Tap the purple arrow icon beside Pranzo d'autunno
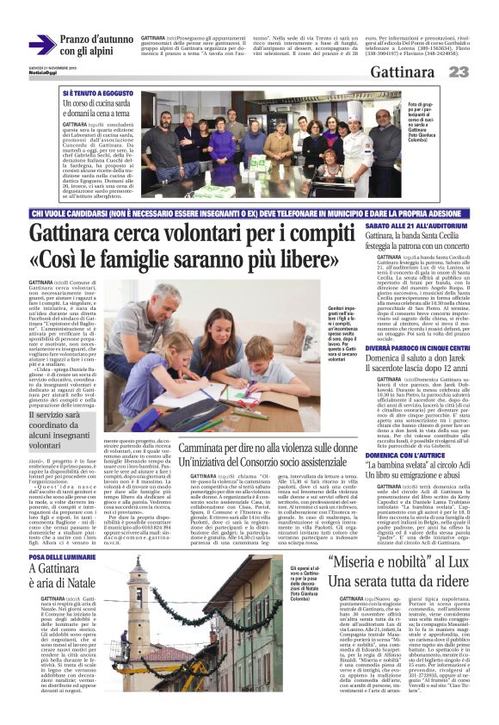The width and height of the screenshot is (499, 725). [x=41, y=45]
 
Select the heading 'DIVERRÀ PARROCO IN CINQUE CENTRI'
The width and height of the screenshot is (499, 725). [x=404, y=347]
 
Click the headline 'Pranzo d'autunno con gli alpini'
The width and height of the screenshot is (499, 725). [x=96, y=46]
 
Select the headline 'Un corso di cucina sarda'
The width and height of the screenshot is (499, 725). [x=97, y=108]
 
